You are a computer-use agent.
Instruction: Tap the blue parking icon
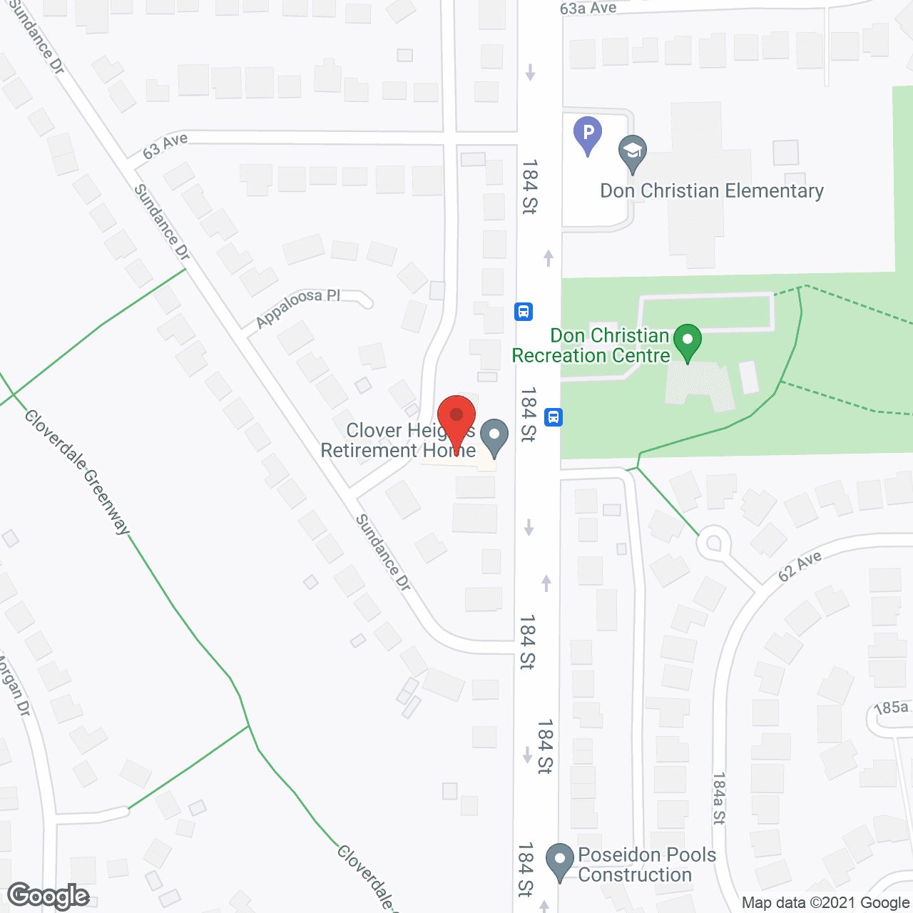pyautogui.click(x=588, y=133)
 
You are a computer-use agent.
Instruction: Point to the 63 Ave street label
pyautogui.click(x=165, y=146)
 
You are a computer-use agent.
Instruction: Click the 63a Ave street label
pyautogui.click(x=588, y=9)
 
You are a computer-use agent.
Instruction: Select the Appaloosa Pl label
pyautogui.click(x=297, y=307)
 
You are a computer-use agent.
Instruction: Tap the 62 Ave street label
pyautogui.click(x=800, y=566)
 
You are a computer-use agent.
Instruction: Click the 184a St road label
pyautogui.click(x=719, y=798)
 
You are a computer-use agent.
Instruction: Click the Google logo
pyautogui.click(x=49, y=896)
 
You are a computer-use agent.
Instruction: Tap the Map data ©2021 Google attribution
pyautogui.click(x=826, y=903)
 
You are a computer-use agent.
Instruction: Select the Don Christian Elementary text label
pyautogui.click(x=712, y=191)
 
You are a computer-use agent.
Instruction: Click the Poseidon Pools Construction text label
pyautogui.click(x=646, y=864)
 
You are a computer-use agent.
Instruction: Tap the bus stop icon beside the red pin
pyautogui.click(x=554, y=417)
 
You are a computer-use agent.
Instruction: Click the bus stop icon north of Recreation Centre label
pyautogui.click(x=524, y=312)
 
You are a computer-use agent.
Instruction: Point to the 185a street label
pyautogui.click(x=892, y=708)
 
